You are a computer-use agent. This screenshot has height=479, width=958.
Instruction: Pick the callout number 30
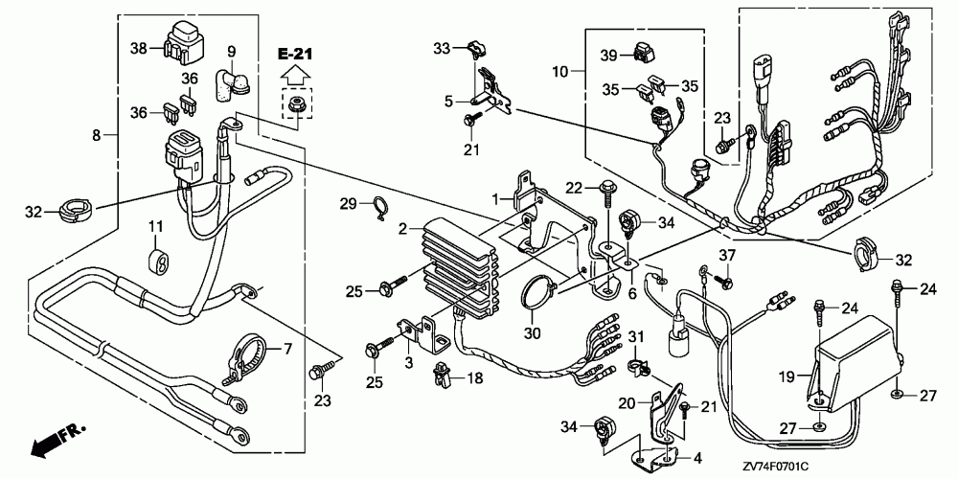tap(532, 333)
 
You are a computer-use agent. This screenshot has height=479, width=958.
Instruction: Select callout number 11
tap(152, 224)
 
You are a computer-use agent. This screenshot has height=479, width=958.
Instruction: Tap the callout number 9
tap(231, 50)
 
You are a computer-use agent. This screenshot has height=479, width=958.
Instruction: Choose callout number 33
tap(441, 47)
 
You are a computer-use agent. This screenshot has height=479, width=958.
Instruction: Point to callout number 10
tap(560, 71)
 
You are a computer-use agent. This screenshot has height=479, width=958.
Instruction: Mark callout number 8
tap(96, 136)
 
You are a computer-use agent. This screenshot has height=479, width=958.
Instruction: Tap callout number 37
tap(727, 254)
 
